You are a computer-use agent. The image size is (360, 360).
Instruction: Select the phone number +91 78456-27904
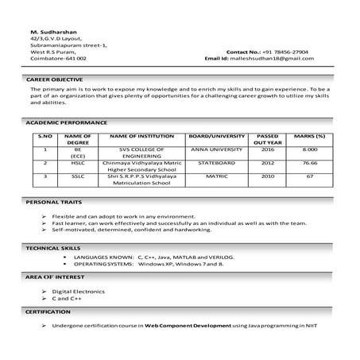coord(285,52)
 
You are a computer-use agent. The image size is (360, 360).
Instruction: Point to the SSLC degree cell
coord(80,176)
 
